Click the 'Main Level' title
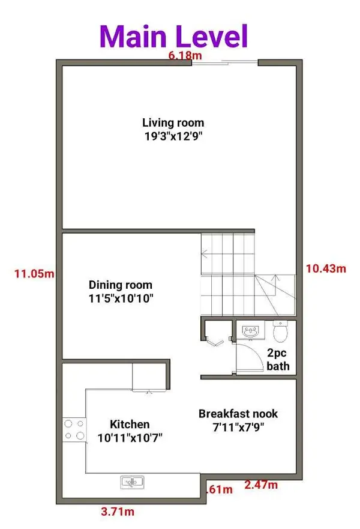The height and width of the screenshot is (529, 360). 174,35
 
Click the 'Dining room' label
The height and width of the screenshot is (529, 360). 121,285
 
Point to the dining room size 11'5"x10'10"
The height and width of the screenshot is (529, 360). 121,298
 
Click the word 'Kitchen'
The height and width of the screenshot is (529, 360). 130,424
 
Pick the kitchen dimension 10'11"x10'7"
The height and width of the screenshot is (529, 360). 130,438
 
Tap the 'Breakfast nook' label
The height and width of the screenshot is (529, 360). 238,414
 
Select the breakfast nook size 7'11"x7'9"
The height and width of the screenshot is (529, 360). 238,428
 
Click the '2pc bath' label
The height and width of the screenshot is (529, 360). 278,360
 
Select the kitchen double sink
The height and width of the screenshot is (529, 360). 131,481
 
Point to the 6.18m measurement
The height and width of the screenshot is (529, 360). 183,55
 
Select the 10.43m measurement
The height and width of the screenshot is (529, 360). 325,268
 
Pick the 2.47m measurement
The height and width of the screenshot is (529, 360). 262,484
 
